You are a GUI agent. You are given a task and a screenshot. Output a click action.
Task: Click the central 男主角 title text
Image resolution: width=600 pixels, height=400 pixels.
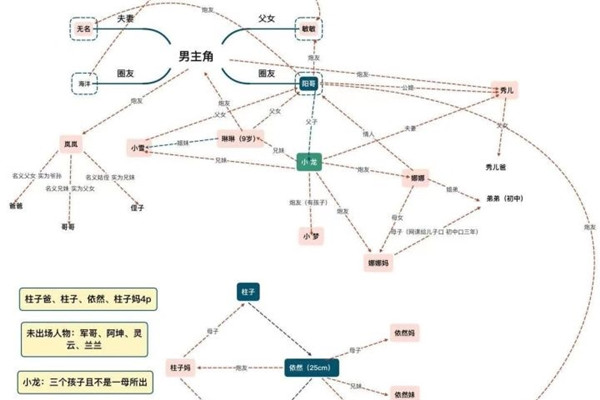(x=196, y=56)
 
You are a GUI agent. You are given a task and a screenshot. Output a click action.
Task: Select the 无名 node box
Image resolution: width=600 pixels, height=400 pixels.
(x=84, y=30)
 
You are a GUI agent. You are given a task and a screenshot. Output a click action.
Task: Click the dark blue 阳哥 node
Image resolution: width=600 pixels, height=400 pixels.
(x=311, y=84)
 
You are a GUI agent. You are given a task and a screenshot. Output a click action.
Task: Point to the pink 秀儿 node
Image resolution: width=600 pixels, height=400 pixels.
(x=509, y=91)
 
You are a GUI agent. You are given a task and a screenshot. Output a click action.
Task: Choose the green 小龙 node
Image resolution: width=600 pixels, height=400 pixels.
(x=309, y=161)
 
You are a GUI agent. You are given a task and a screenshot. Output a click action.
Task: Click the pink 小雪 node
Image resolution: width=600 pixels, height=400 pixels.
(x=139, y=147)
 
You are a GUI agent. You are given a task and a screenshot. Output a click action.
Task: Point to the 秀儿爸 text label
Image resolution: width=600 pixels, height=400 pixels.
(x=496, y=165)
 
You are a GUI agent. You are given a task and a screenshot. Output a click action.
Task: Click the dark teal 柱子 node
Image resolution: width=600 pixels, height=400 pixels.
(x=249, y=291)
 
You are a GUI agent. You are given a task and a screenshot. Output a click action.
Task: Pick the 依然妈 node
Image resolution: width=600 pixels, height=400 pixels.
(x=405, y=331)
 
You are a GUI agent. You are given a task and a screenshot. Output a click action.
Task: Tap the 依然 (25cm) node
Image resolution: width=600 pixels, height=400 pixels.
(x=312, y=368)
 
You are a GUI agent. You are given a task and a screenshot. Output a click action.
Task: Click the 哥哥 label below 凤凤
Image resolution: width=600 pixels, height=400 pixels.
(x=68, y=228)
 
